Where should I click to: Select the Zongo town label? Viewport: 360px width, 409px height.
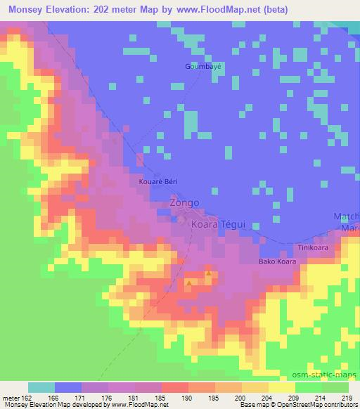click(184, 203)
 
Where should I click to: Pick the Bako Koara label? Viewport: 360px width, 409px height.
click(276, 262)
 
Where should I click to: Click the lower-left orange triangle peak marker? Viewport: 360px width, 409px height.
click(189, 283)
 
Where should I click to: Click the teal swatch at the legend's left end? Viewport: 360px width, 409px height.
click(41, 388)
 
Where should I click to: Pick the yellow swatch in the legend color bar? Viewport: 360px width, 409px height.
click(282, 388)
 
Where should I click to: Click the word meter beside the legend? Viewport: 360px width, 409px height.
click(10, 399)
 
